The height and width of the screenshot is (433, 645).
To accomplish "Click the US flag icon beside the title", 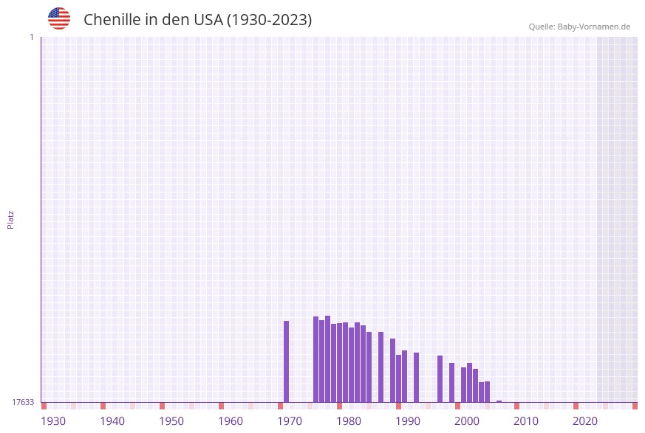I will (59, 18).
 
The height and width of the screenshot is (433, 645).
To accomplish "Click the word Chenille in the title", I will (112, 20).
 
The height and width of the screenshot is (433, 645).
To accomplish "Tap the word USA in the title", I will (208, 20).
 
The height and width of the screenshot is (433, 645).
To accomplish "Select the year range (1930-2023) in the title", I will (269, 20).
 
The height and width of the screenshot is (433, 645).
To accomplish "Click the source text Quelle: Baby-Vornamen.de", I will (579, 27).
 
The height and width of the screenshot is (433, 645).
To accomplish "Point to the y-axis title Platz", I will (11, 219).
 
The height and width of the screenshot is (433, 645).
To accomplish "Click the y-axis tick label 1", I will (32, 37).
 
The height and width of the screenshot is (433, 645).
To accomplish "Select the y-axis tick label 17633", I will (23, 402).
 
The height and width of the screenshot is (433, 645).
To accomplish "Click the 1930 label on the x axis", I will (53, 421).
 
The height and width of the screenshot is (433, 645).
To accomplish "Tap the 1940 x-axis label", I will (112, 421).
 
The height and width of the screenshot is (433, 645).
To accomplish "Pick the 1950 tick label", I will (171, 421).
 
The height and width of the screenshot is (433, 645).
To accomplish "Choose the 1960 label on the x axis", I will (231, 421).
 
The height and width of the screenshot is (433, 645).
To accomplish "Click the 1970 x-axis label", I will (290, 421).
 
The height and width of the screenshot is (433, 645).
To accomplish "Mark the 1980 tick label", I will (349, 421).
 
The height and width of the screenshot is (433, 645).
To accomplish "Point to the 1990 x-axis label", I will (408, 421).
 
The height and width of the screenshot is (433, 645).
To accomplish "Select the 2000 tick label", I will (467, 421).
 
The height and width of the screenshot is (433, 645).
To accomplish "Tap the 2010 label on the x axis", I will (526, 421).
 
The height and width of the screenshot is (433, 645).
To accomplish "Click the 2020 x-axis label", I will (585, 421).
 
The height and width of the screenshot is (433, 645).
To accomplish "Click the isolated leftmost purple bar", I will (287, 361).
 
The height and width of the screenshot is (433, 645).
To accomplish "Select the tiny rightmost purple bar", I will (499, 401).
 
